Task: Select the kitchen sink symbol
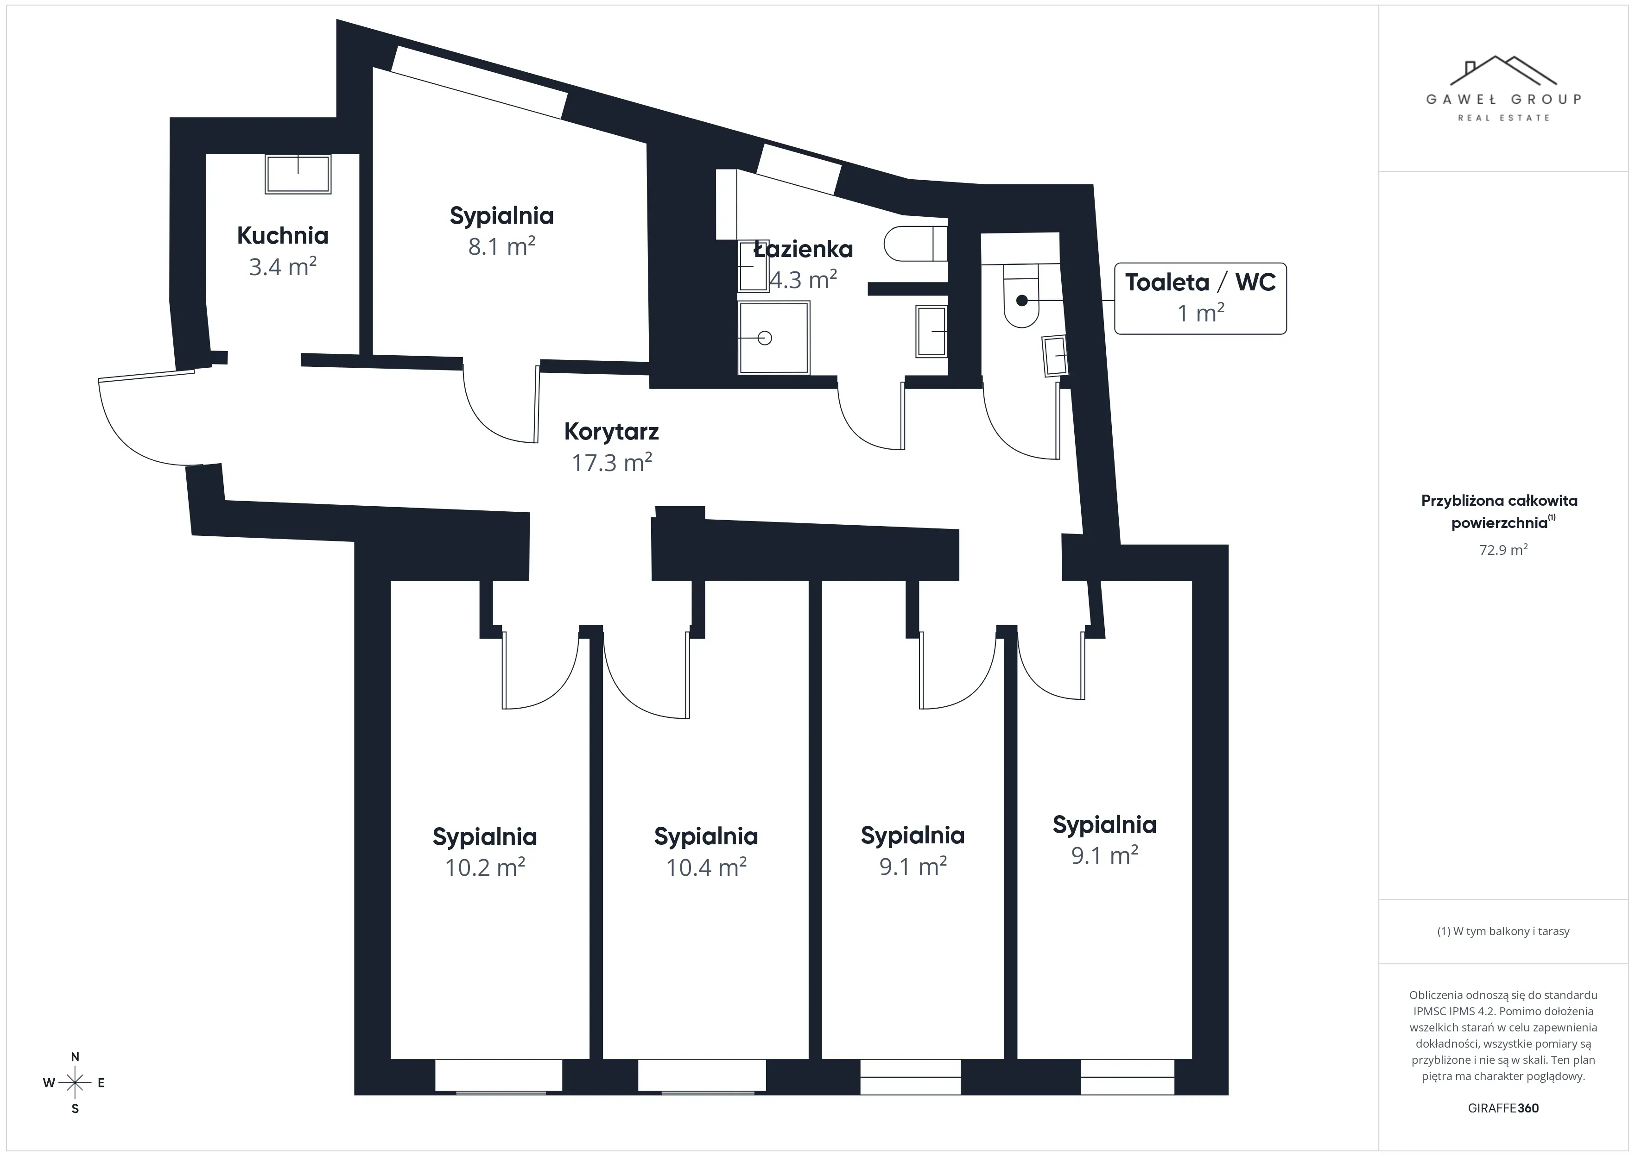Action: point(298,173)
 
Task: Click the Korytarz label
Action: point(611,431)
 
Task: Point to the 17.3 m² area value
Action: point(611,463)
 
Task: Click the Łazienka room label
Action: point(803,249)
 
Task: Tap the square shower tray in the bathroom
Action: point(773,338)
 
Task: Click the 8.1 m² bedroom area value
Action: point(501,247)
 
